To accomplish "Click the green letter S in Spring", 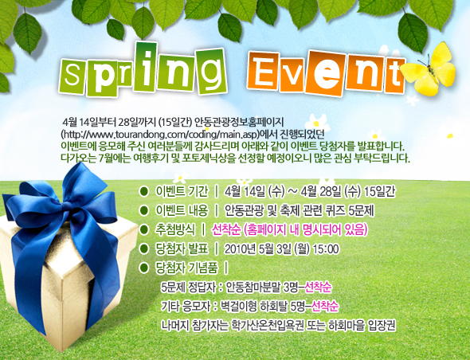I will pyautogui.click(x=73, y=76).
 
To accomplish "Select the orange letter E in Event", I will pyautogui.click(x=268, y=72).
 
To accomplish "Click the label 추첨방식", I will pyautogui.click(x=177, y=229).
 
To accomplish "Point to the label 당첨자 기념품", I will pyautogui.click(x=186, y=267).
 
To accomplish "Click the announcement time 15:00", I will pyautogui.click(x=325, y=248).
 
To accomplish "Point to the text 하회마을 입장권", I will pyautogui.click(x=366, y=325).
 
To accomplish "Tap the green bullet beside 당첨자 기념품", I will pyautogui.click(x=143, y=267).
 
